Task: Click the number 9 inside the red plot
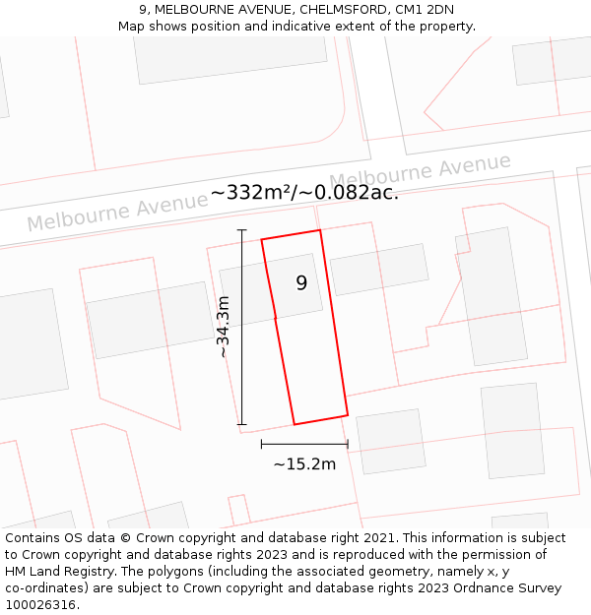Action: [x=301, y=283]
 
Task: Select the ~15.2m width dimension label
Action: [x=304, y=463]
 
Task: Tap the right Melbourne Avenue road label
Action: [x=421, y=173]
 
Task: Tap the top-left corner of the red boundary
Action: [x=261, y=239]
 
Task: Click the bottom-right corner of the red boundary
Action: [x=348, y=414]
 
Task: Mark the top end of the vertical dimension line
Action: [x=241, y=230]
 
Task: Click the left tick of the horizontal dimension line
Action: [x=261, y=444]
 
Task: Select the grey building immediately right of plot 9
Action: [x=379, y=269]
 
